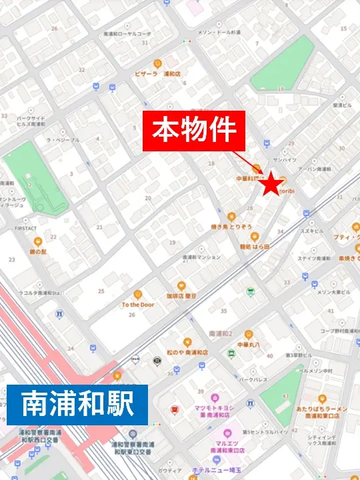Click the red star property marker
point(271,185)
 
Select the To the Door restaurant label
point(137,305)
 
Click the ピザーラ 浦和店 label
point(156,74)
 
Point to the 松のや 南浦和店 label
point(187,352)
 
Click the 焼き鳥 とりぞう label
point(231,227)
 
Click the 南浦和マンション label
point(201,257)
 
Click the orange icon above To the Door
point(137,294)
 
